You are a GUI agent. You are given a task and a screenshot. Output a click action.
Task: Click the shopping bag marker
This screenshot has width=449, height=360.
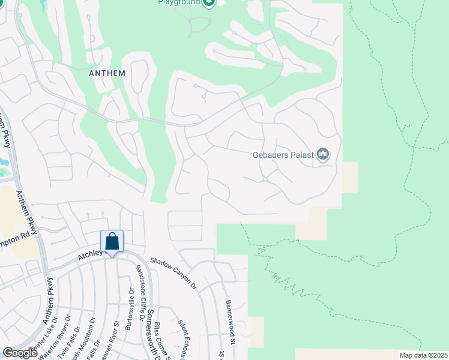(x=112, y=242)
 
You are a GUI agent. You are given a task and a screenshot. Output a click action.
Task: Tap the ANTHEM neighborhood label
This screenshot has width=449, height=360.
(x=107, y=73)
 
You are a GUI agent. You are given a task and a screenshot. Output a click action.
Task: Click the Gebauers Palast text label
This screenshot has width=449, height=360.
(x=283, y=154)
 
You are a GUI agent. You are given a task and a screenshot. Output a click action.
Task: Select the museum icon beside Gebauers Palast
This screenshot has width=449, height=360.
(x=324, y=155)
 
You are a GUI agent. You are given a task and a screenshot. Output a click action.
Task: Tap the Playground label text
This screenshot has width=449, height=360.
(x=178, y=2)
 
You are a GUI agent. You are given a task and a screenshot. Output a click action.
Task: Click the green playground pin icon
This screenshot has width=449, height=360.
(x=208, y=3)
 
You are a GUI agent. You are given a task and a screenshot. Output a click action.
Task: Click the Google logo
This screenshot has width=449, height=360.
(x=20, y=353)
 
